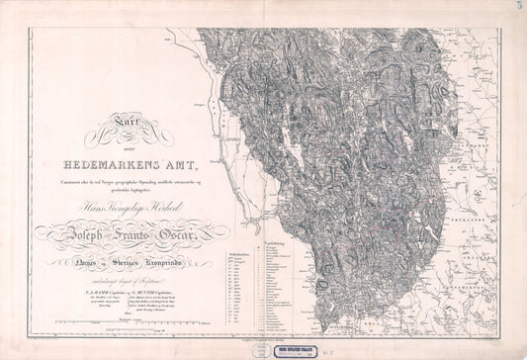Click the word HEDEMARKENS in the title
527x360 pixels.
108,163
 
